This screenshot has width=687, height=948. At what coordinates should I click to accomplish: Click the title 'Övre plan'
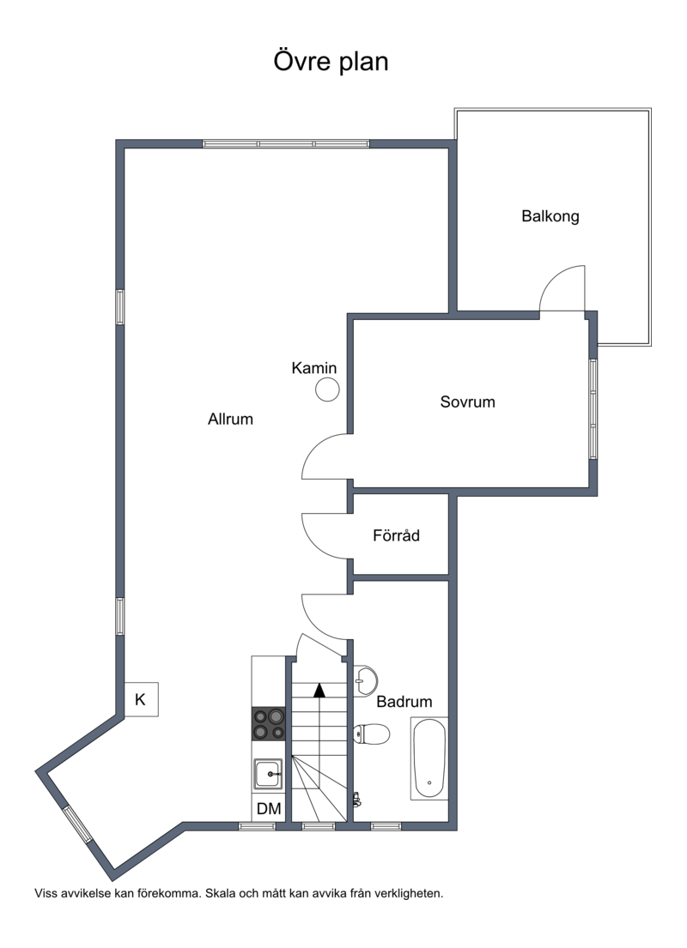331,61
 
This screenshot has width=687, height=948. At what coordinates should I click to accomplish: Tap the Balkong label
550,216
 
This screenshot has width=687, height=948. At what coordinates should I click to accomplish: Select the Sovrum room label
467,402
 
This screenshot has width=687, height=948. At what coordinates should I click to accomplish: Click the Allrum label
230,419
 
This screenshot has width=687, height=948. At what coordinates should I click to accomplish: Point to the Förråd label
396,535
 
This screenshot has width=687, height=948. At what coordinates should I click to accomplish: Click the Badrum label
404,701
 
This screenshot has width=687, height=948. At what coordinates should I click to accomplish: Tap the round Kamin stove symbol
327,389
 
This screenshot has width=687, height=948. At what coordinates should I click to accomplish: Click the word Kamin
313,367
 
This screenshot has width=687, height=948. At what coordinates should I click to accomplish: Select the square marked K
141,699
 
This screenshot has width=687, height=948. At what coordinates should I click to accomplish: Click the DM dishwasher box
269,808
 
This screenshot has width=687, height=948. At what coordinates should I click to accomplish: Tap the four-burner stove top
269,724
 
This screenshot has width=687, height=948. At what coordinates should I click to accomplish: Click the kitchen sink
268,774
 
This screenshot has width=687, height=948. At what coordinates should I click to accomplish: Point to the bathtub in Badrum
429,758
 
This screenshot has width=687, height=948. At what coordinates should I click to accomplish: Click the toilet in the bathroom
371,734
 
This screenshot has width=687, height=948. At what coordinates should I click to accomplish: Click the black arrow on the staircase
319,690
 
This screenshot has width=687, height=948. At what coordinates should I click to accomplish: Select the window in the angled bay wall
78,824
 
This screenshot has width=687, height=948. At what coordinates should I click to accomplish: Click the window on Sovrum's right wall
593,408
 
